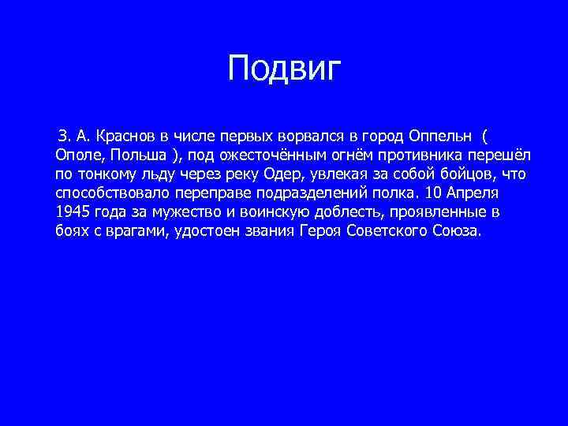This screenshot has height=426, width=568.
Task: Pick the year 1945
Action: [73, 213]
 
